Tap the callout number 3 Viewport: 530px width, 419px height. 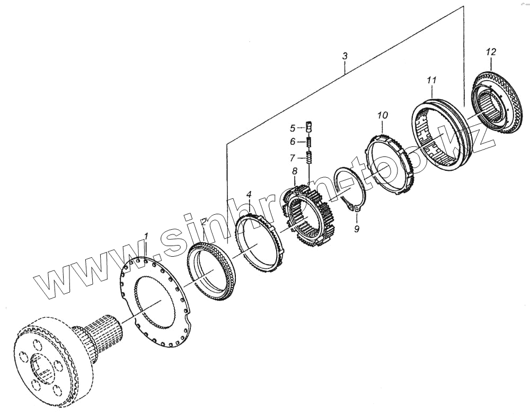[x=345, y=56]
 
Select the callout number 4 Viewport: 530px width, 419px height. [x=249, y=195]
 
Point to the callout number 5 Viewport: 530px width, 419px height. [x=293, y=128]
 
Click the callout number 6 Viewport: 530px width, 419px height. [x=293, y=142]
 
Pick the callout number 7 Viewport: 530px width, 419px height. [x=293, y=158]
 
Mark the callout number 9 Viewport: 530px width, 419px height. [x=357, y=229]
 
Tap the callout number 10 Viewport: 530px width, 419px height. [x=383, y=115]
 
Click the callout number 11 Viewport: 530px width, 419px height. [x=431, y=80]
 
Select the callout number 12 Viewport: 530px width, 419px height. [x=491, y=52]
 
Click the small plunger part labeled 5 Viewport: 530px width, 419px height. [x=310, y=127]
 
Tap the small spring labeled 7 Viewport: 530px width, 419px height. [x=310, y=158]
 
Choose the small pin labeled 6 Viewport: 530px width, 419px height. [x=309, y=142]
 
